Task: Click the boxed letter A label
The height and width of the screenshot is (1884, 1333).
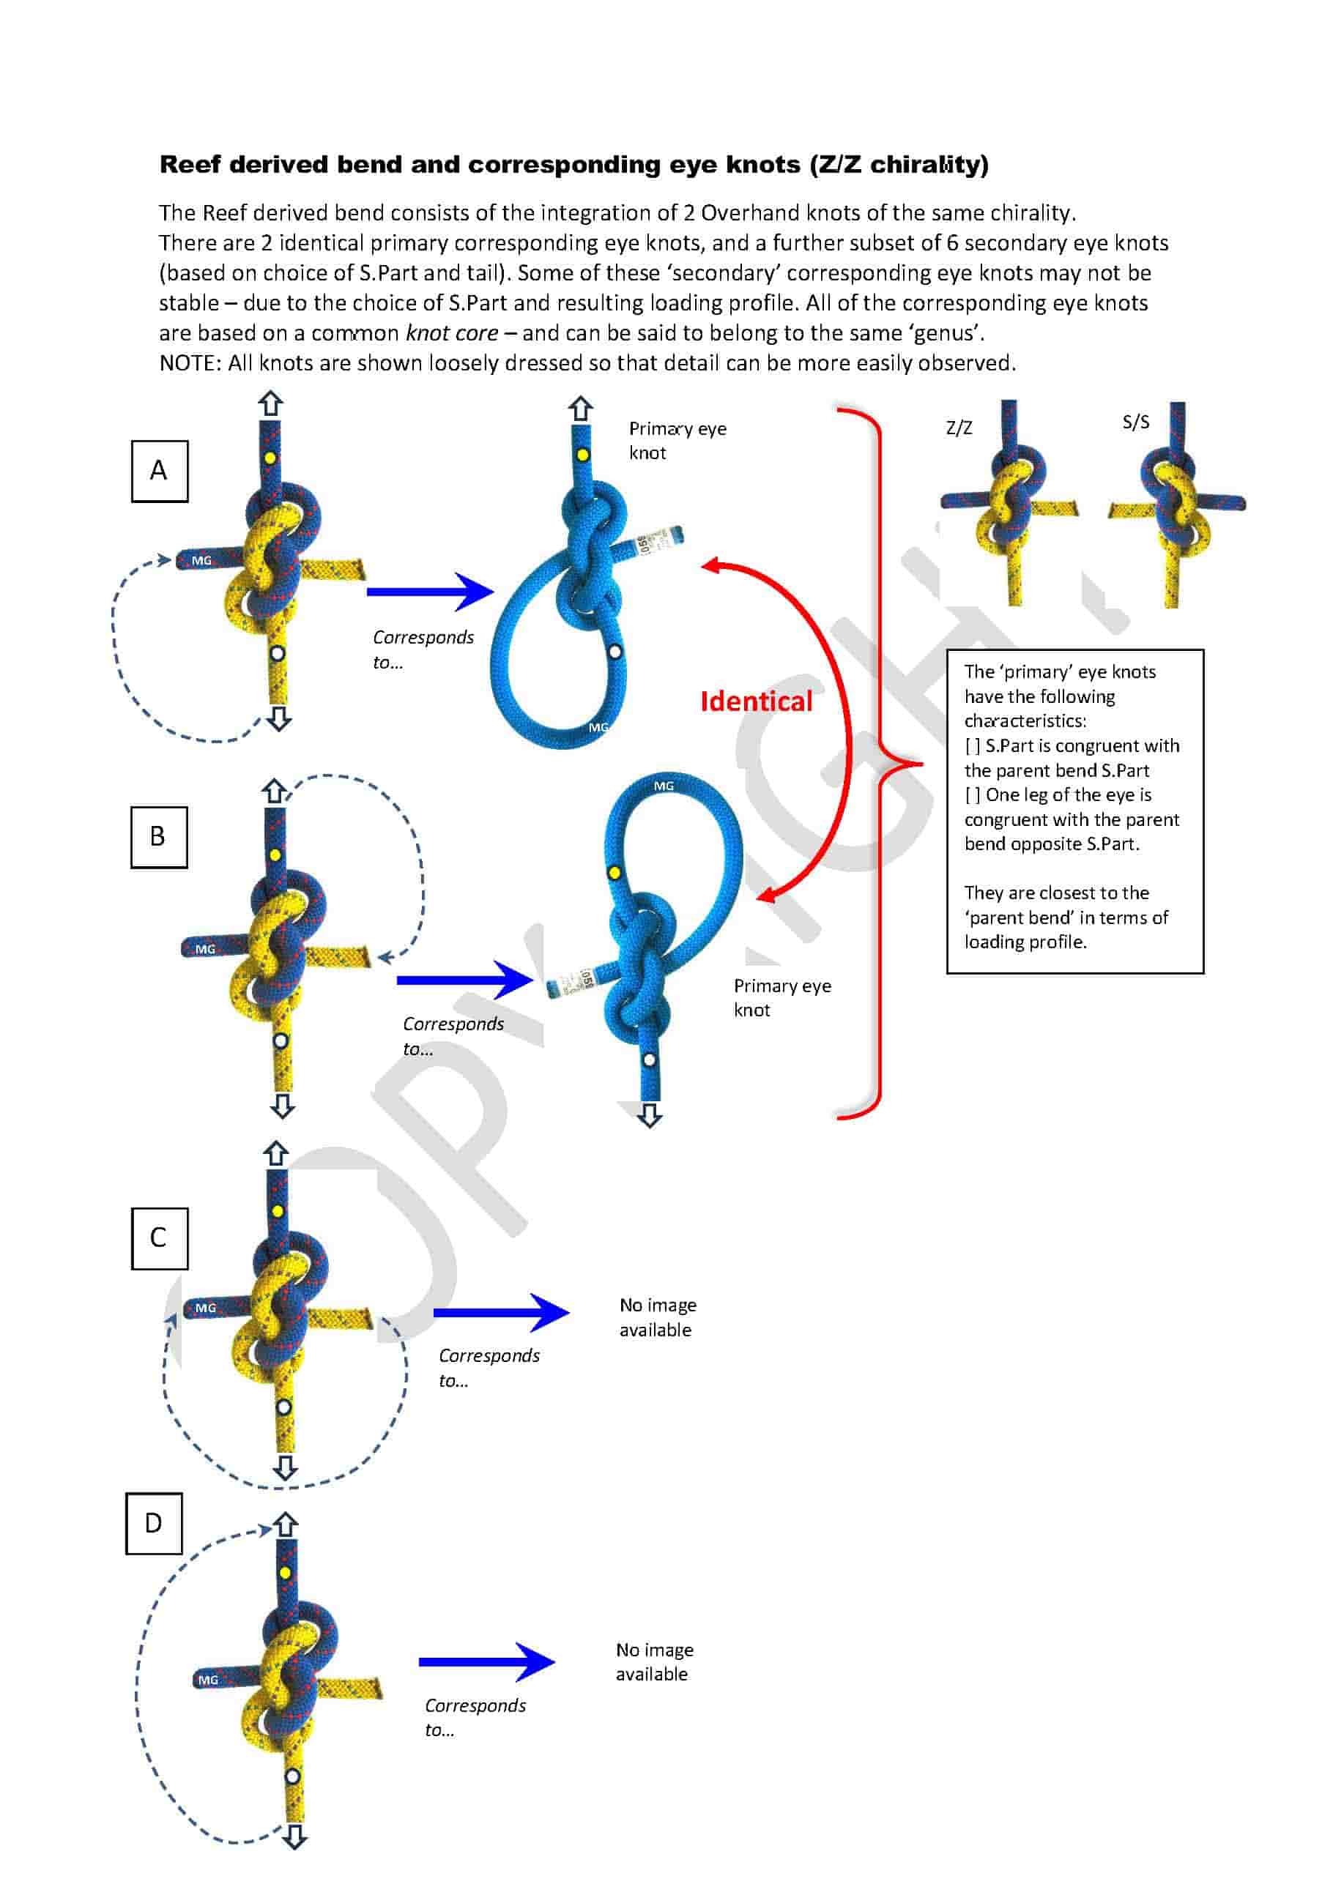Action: pyautogui.click(x=159, y=471)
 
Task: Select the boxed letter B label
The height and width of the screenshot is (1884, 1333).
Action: pyautogui.click(x=159, y=837)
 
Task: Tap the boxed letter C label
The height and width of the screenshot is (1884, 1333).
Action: pyautogui.click(x=159, y=1238)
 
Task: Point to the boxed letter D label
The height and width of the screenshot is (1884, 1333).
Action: pyautogui.click(x=155, y=1523)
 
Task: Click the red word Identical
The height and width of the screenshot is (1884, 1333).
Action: pyautogui.click(x=756, y=701)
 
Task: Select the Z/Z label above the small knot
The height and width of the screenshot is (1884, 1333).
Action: pyautogui.click(x=959, y=428)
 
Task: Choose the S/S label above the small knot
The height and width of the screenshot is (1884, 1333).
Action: pyautogui.click(x=1136, y=422)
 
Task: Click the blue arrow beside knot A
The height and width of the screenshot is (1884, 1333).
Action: pyautogui.click(x=430, y=591)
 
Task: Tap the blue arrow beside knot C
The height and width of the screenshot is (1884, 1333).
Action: pyautogui.click(x=501, y=1312)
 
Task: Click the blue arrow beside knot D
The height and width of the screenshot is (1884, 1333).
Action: pyautogui.click(x=487, y=1661)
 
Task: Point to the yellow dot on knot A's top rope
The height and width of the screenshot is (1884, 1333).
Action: pyautogui.click(x=270, y=458)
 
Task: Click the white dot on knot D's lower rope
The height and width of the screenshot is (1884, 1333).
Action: pyautogui.click(x=292, y=1776)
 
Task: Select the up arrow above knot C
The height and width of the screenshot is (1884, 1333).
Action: pyautogui.click(x=276, y=1154)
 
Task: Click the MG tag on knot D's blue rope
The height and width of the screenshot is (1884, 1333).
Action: pyautogui.click(x=209, y=1680)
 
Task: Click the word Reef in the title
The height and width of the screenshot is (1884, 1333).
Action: pyautogui.click(x=190, y=165)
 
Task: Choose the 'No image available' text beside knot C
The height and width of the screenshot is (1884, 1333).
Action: pyautogui.click(x=658, y=1317)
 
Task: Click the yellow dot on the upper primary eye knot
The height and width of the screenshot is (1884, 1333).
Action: pyautogui.click(x=582, y=455)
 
